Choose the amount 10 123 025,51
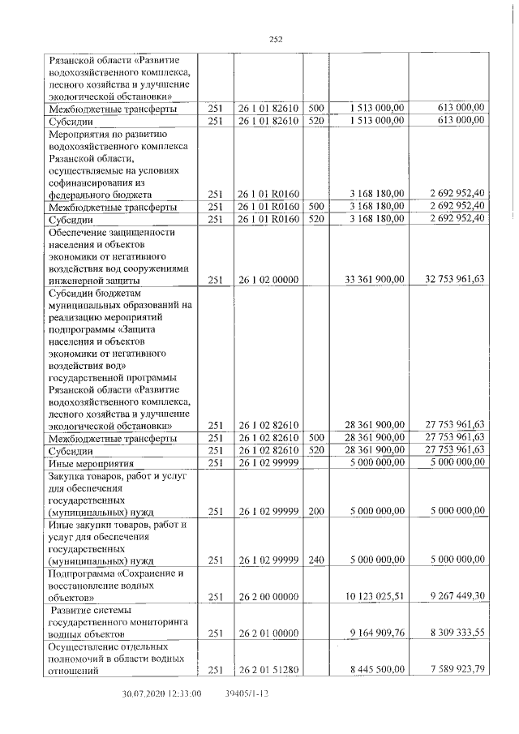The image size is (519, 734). pos(375,597)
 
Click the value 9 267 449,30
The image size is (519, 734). pos(456,597)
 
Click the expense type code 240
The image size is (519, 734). pos(315,560)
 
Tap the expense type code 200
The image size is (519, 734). pos(315,512)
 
